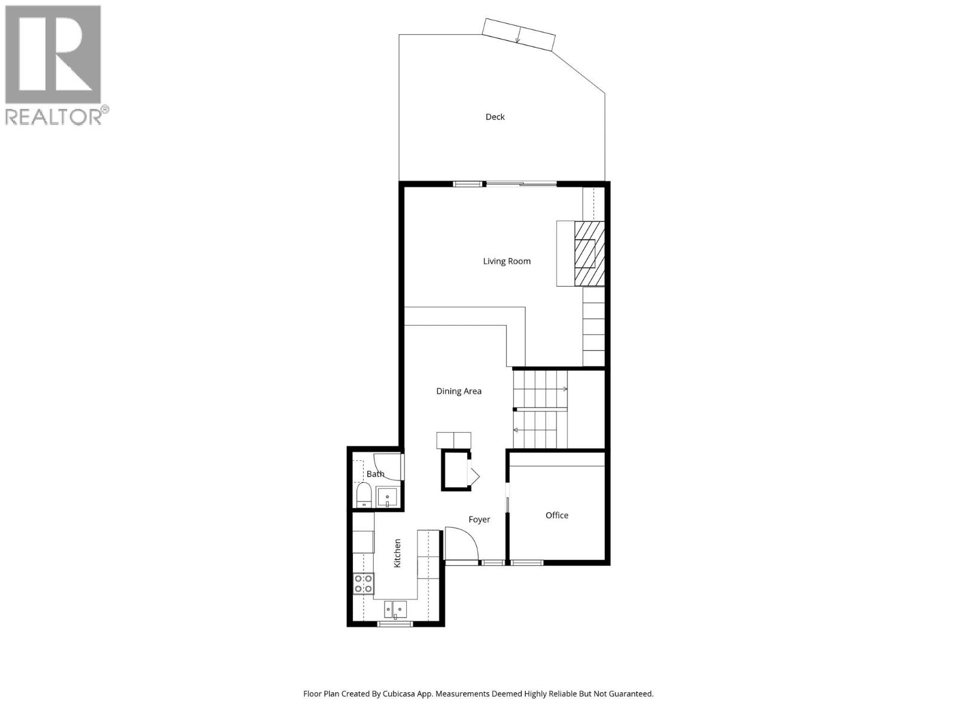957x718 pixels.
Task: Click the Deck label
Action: coord(495,117)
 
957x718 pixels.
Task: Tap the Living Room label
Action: coord(507,261)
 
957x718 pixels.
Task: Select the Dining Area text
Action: coord(458,391)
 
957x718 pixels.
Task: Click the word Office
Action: coord(557,515)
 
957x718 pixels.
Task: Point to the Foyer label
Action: coord(479,519)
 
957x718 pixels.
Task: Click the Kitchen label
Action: coord(397,553)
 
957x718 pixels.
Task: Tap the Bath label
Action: coord(376,474)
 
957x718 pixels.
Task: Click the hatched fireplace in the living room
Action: coord(589,253)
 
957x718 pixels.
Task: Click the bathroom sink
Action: coord(387,498)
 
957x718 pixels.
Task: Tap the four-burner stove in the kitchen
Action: coord(363,583)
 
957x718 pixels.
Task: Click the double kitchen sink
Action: coord(395,610)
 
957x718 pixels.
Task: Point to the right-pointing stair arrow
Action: coord(565,390)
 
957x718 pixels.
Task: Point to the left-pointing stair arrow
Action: coord(516,430)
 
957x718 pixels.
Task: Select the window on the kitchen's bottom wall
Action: coord(395,624)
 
